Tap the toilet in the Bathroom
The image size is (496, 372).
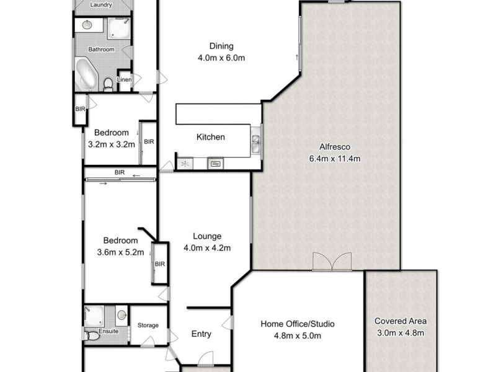point(108,83)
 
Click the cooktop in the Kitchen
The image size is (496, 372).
point(185,164)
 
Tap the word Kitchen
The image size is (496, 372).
point(211,137)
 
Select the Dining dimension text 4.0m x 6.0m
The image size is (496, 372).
point(221,58)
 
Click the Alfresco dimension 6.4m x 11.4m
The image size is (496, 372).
point(335,159)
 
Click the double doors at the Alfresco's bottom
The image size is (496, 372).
point(332,262)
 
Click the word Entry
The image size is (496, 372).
point(201,334)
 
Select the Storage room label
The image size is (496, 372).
point(148,325)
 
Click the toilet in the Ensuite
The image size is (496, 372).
point(93,335)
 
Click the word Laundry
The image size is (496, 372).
point(101,5)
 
